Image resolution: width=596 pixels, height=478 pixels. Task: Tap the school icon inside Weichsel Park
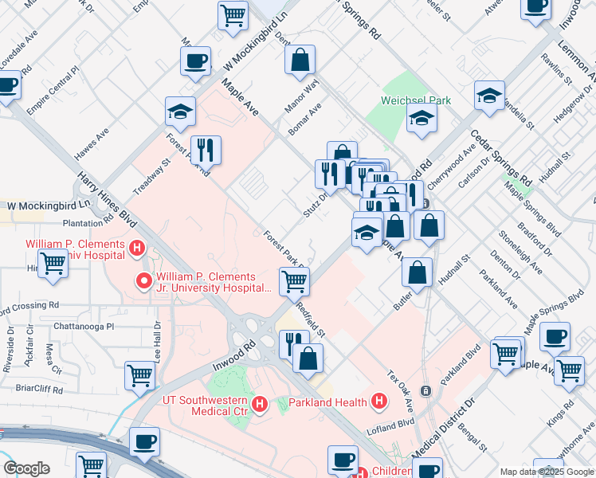click(x=422, y=119)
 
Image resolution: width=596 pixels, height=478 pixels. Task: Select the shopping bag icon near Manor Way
click(x=300, y=61)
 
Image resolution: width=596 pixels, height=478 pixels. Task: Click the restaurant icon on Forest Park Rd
click(x=206, y=149)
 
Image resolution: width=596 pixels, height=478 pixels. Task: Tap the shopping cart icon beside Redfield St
click(x=294, y=281)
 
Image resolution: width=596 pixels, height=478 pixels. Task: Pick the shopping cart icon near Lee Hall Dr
click(x=140, y=375)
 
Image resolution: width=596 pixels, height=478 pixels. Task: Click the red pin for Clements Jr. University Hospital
click(x=144, y=280)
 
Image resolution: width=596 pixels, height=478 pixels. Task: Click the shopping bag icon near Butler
click(x=418, y=273)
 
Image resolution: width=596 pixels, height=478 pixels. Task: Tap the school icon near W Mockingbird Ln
click(x=181, y=112)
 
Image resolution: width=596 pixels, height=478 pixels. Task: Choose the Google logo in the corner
click(x=26, y=468)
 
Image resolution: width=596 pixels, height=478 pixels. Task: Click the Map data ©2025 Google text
click(x=547, y=471)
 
